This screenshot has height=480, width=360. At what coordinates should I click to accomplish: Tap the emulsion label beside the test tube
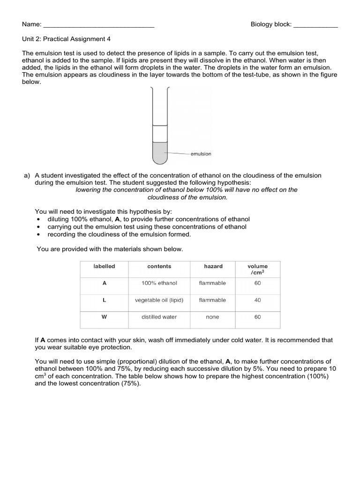[201, 154]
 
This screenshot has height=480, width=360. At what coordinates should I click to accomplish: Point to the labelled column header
[104, 266]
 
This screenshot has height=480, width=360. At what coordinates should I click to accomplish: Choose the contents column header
[159, 266]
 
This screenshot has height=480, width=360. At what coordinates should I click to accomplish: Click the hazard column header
[213, 266]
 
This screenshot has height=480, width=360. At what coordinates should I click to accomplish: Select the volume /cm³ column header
[257, 269]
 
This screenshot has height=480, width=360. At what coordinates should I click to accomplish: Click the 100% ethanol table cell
[159, 283]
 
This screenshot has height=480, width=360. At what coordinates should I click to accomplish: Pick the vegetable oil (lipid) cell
[159, 300]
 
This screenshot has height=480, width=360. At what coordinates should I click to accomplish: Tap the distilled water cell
[159, 317]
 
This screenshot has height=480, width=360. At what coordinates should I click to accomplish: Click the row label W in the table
[104, 317]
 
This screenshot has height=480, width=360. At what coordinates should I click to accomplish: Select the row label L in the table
[104, 300]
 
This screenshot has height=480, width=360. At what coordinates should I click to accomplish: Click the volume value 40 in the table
[257, 300]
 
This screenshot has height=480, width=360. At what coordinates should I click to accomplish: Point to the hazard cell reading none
[212, 317]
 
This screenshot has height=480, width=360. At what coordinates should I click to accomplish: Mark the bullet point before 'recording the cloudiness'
[38, 234]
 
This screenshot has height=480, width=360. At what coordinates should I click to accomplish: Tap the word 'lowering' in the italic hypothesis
[89, 190]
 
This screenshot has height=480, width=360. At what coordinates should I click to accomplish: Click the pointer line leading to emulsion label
[178, 153]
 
